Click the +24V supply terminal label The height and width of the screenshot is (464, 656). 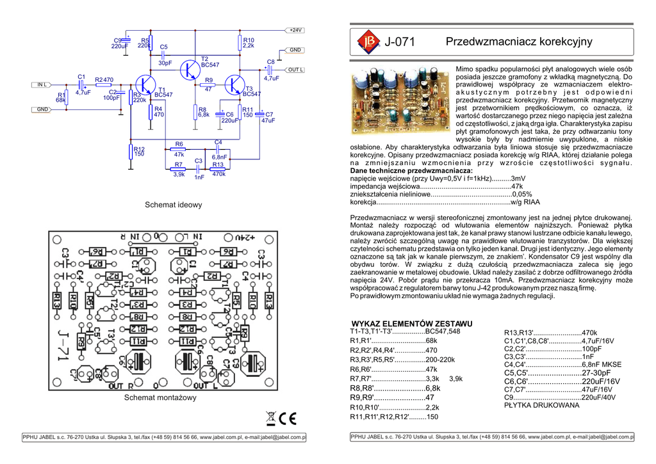click(295, 30)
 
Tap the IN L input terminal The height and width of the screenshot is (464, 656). click(42, 84)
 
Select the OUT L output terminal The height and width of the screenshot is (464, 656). click(295, 69)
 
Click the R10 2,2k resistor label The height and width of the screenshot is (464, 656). click(249, 43)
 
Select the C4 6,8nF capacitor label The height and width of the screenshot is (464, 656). click(218, 149)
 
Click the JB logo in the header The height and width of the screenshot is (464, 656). click(367, 42)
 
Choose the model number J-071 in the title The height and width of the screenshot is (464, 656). click(400, 42)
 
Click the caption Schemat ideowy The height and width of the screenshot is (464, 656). click(174, 205)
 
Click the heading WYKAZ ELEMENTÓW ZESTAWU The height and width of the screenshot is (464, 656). click(413, 324)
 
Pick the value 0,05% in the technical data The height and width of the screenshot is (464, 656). click(521, 194)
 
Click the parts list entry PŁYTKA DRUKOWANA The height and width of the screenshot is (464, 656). click(541, 405)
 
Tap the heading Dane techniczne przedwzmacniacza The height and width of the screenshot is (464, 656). click(411, 171)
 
